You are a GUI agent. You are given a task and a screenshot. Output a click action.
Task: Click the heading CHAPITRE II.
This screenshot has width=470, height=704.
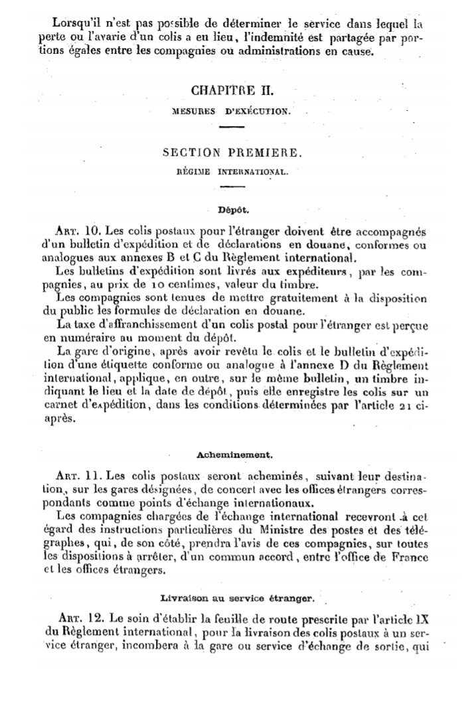pyautogui.click(x=232, y=91)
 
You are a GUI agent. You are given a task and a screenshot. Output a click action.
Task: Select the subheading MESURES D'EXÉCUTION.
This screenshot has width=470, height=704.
pyautogui.click(x=232, y=111)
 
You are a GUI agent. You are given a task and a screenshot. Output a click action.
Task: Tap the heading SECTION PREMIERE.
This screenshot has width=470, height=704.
pyautogui.click(x=232, y=153)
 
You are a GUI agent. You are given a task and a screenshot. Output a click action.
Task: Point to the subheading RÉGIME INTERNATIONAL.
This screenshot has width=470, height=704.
pyautogui.click(x=232, y=171)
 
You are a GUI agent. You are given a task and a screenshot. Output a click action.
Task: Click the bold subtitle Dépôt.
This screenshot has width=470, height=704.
pyautogui.click(x=232, y=210)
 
